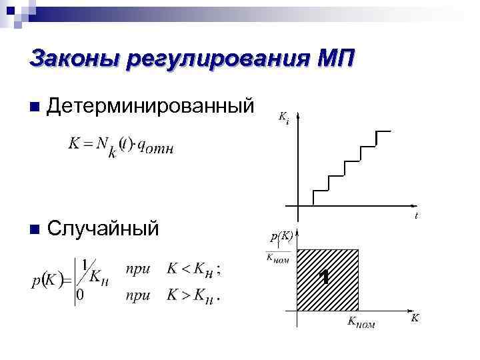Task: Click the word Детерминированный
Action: (x=151, y=105)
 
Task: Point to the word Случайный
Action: (x=103, y=229)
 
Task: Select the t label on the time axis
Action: (x=416, y=216)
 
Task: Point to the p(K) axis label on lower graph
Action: (x=281, y=236)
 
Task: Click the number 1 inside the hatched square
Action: (x=324, y=277)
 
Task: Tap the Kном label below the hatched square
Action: (x=361, y=323)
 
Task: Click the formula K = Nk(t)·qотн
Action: (x=120, y=145)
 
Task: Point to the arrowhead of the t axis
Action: (x=413, y=206)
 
